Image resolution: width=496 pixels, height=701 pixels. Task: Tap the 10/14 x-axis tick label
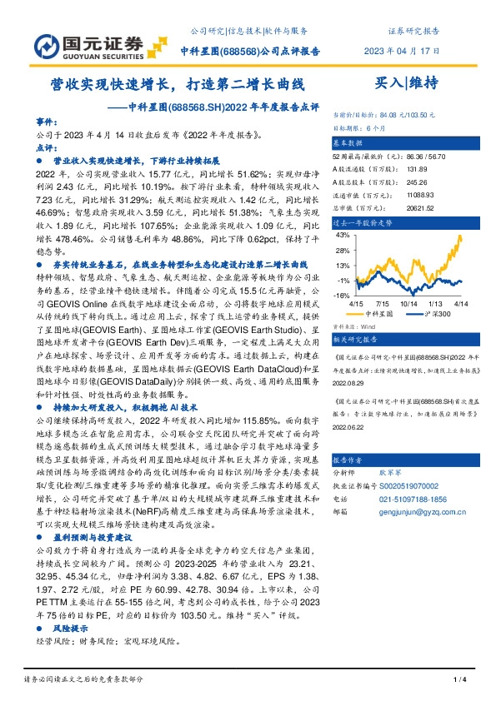click(408, 304)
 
